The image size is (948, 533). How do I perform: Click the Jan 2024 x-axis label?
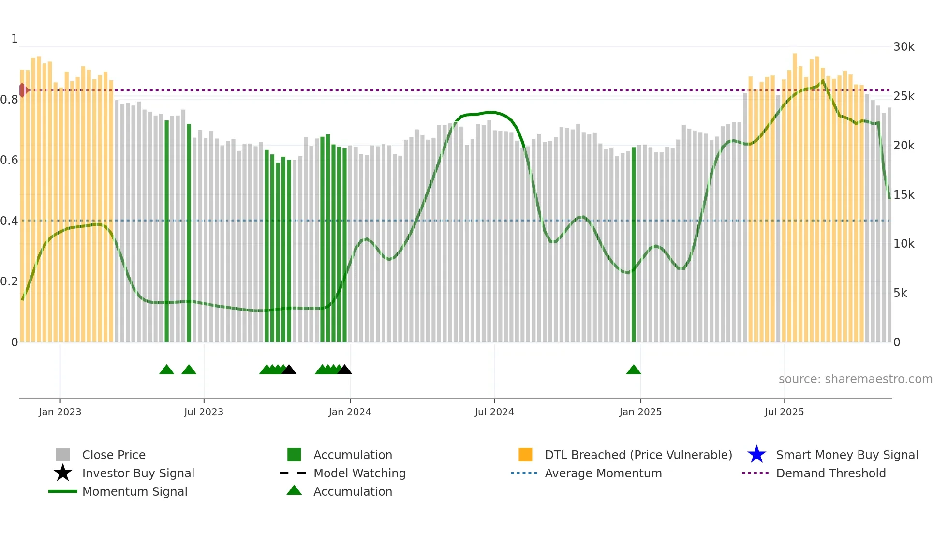(350, 412)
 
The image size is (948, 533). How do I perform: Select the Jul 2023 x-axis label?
(204, 412)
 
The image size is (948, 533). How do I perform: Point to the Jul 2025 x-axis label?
(784, 412)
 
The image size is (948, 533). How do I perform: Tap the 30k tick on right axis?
(904, 47)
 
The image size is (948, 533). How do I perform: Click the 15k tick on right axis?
(904, 194)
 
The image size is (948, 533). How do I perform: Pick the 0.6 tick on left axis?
(9, 160)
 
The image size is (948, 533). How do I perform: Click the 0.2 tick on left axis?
(9, 281)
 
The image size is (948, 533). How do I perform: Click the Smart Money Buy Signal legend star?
(756, 455)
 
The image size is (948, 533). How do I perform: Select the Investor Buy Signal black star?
(63, 473)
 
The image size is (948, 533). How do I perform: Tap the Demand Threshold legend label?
(830, 473)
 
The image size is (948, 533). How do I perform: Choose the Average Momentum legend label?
(603, 473)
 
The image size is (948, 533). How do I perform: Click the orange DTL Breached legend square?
(525, 455)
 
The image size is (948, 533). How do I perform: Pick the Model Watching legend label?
(359, 473)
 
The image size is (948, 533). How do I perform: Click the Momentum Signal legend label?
(134, 491)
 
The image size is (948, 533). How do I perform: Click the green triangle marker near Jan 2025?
(634, 370)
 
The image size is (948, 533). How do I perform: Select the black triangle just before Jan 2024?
(344, 370)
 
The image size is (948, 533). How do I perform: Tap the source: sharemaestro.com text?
(855, 379)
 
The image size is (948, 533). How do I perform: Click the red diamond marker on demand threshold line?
(23, 90)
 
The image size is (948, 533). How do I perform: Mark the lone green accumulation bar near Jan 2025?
(634, 244)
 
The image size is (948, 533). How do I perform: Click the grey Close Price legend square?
(63, 455)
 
